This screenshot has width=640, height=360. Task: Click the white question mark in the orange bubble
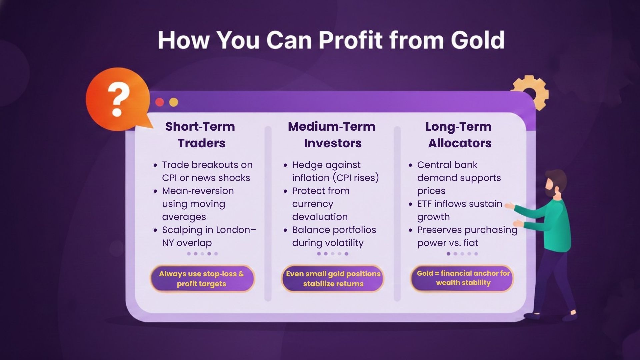tap(118, 99)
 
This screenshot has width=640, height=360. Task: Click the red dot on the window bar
tap(160, 102)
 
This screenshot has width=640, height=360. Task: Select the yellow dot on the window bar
tap(174, 102)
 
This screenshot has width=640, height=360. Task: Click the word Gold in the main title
tap(477, 40)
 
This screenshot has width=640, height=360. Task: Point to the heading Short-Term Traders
tap(201, 135)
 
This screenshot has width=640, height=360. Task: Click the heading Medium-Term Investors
tap(332, 135)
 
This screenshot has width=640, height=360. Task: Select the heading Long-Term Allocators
tap(459, 135)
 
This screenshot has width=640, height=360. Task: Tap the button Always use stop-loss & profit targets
tap(202, 279)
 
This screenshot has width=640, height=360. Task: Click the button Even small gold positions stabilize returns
tap(333, 279)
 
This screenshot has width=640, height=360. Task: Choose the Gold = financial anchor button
tap(463, 278)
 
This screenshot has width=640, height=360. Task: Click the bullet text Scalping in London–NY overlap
tap(209, 236)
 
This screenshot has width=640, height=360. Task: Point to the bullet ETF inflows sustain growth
tap(459, 210)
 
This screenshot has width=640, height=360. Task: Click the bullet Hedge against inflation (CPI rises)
tap(335, 171)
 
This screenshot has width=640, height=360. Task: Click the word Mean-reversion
tap(198, 191)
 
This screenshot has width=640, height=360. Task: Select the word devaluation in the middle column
tap(320, 217)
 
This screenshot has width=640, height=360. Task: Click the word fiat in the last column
tap(471, 243)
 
